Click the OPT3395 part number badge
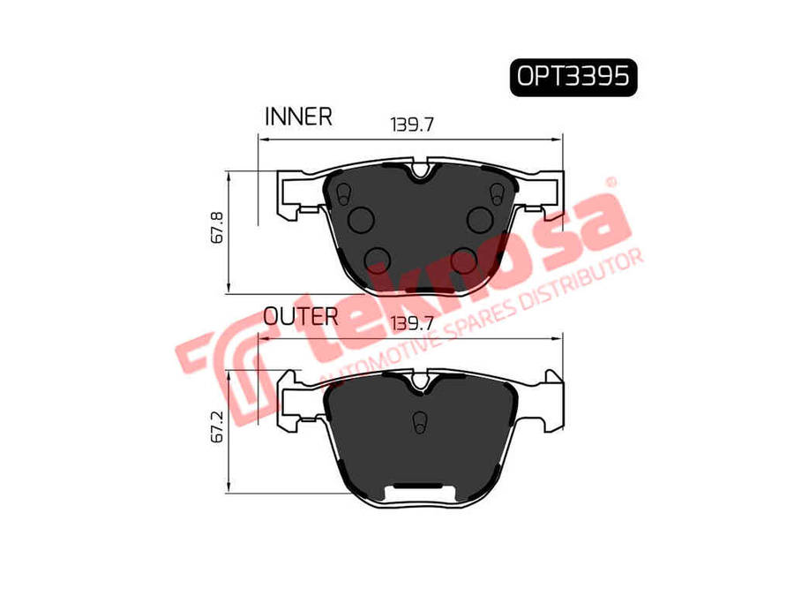[x=573, y=78]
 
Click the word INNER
[x=298, y=117]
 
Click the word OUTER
[x=301, y=317]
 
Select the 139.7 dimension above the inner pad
[x=412, y=124]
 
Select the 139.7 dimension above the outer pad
[x=412, y=323]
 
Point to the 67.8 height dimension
[x=217, y=228]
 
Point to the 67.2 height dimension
[x=217, y=426]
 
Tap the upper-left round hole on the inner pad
[x=362, y=220]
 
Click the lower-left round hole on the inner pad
[x=378, y=260]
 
